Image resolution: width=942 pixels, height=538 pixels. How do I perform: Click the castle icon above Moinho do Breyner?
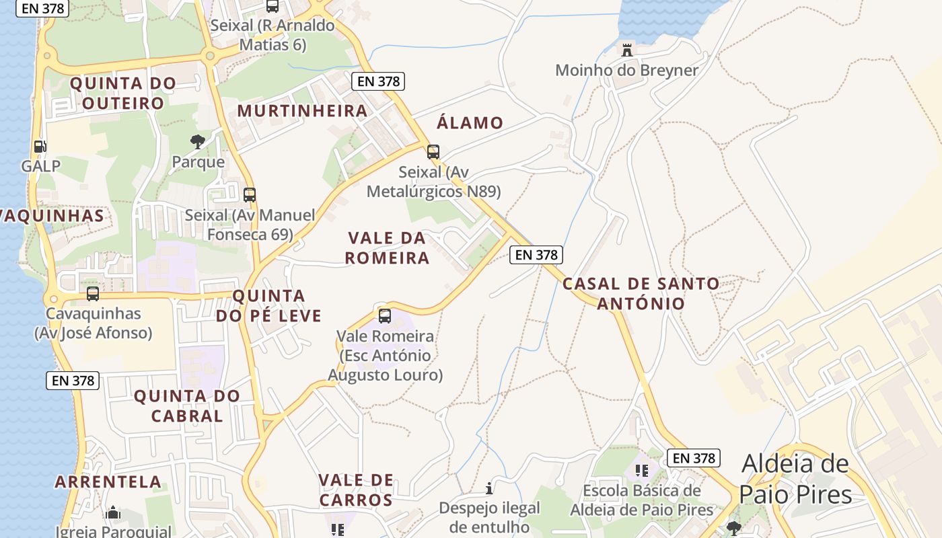pos(627,49)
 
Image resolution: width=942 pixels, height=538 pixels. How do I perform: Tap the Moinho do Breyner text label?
pos(626,70)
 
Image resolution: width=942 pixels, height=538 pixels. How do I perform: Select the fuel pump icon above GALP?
pos(40,146)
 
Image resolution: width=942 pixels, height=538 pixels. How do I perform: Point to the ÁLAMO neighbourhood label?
pos(470,123)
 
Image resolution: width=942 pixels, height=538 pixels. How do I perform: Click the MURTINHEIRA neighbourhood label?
pos(302,111)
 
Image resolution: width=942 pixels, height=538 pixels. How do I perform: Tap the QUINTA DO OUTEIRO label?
pos(123,93)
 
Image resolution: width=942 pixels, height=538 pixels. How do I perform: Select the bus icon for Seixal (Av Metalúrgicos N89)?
pos(433,152)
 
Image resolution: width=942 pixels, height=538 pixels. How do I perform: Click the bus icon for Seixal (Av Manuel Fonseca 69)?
pos(250,195)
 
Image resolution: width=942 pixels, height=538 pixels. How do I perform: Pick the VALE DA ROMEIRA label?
pos(387,248)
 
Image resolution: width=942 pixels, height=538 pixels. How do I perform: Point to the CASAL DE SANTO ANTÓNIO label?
pos(641,293)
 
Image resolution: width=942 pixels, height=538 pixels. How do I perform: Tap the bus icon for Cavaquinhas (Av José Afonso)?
pos(93,294)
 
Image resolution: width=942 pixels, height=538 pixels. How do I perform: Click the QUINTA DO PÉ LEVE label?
pos(268,306)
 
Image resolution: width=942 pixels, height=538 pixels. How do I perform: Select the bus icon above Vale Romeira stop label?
pos(385,316)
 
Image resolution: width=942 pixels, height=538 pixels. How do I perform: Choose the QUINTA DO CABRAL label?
pos(187,406)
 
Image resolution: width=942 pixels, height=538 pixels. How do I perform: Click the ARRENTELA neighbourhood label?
pos(108,482)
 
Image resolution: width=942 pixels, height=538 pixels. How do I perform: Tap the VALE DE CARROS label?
pos(356,490)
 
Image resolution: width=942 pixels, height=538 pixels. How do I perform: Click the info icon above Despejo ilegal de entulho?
pos(489,488)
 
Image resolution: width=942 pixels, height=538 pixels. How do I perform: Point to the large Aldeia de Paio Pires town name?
pos(796,479)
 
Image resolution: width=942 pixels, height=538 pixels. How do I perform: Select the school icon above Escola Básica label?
pos(641,470)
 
